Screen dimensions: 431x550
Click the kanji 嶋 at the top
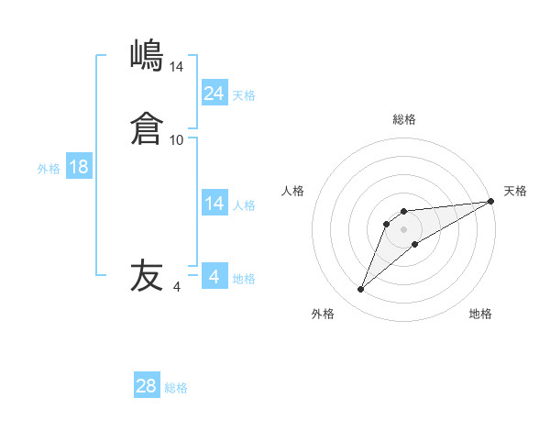(x=147, y=56)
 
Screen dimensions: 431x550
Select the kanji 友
(x=147, y=276)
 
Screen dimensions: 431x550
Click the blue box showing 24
(x=214, y=93)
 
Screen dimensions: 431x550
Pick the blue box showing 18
(x=79, y=167)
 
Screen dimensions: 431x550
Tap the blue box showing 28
(x=147, y=386)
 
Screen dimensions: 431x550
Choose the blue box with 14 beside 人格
(x=214, y=204)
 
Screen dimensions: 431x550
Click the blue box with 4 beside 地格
(x=214, y=277)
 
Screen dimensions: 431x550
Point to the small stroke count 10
(x=177, y=140)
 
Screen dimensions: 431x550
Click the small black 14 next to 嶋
(x=177, y=67)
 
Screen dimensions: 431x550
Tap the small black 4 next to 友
(x=177, y=287)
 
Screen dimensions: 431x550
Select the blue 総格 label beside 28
(x=176, y=389)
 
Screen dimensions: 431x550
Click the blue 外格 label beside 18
(x=49, y=169)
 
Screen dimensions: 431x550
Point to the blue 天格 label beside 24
(x=244, y=95)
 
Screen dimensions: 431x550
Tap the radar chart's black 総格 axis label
(x=403, y=119)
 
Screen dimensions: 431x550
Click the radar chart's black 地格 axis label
(x=480, y=314)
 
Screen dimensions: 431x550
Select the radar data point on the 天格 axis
(x=490, y=202)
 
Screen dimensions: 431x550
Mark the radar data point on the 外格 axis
(x=360, y=290)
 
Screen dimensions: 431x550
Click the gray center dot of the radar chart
(x=403, y=229)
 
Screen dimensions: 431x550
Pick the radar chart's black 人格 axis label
(x=293, y=191)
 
